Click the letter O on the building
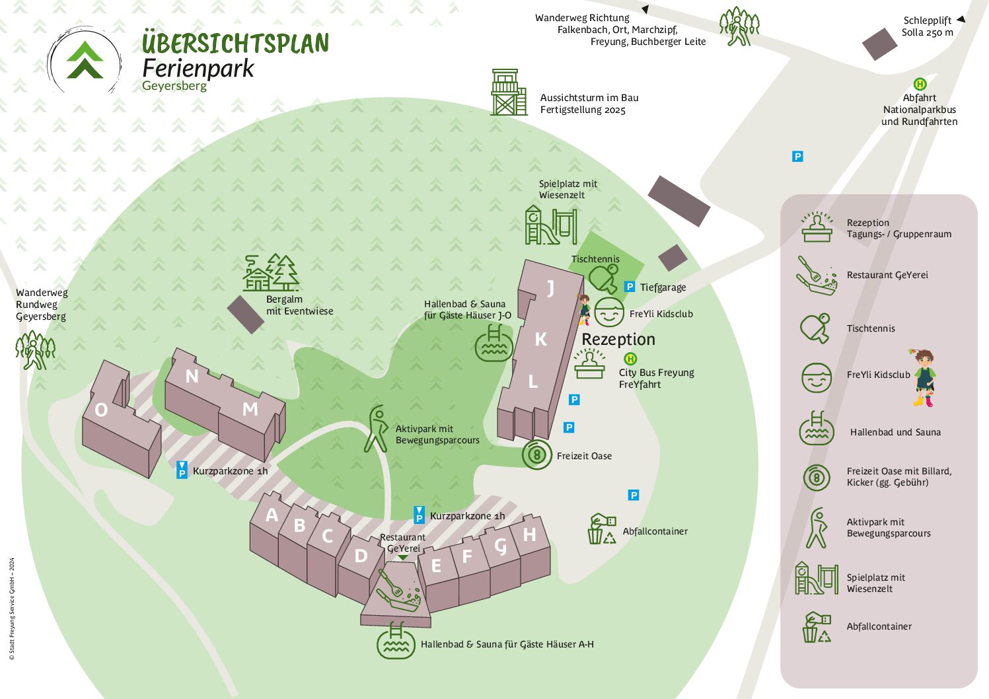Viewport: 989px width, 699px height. [x=101, y=410]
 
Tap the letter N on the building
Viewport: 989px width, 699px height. [x=192, y=376]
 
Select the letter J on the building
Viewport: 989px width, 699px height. [x=550, y=289]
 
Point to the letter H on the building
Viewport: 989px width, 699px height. [x=529, y=534]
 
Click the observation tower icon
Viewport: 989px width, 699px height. [x=509, y=92]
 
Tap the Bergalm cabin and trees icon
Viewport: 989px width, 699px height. [x=271, y=272]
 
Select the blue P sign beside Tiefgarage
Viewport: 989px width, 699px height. [x=630, y=287]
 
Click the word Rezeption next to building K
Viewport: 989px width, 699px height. [x=618, y=339]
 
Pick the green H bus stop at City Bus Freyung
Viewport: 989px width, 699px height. [x=630, y=359]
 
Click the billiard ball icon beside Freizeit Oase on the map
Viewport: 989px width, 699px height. [x=537, y=455]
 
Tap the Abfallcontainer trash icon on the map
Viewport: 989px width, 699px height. [x=601, y=529]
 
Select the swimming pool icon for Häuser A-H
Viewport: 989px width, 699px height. [x=396, y=641]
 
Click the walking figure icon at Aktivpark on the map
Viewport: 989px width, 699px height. [x=376, y=429]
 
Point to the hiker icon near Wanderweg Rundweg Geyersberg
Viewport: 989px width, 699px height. [x=35, y=349]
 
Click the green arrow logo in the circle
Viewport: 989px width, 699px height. [x=85, y=60]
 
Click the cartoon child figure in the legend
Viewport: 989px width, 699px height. [x=924, y=378]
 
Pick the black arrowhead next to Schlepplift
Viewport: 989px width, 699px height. [x=961, y=19]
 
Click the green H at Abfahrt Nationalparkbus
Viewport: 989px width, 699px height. [x=920, y=84]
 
